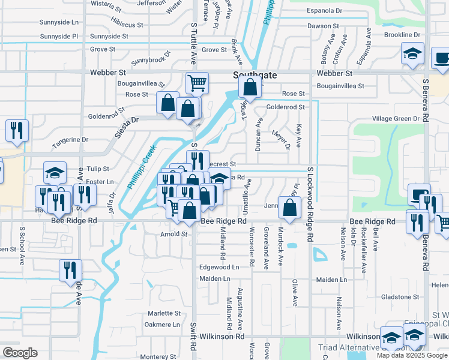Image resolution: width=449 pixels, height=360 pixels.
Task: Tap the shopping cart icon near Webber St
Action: coord(197,83)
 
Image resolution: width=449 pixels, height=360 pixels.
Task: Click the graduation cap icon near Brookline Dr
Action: coord(412,53)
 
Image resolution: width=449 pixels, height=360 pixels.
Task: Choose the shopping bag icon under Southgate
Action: coord(249,88)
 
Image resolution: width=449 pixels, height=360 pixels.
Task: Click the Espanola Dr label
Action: coord(325,11)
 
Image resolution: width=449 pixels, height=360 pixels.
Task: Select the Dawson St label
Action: coord(324,26)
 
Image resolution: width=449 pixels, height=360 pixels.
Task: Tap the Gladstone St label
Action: coord(399,297)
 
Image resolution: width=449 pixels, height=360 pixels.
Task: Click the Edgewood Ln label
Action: coord(219,267)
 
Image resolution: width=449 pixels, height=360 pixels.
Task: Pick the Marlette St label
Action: coord(164,313)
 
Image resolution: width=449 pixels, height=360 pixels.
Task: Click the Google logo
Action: coord(20,353)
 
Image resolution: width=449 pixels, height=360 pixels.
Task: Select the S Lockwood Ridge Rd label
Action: coord(310,204)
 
